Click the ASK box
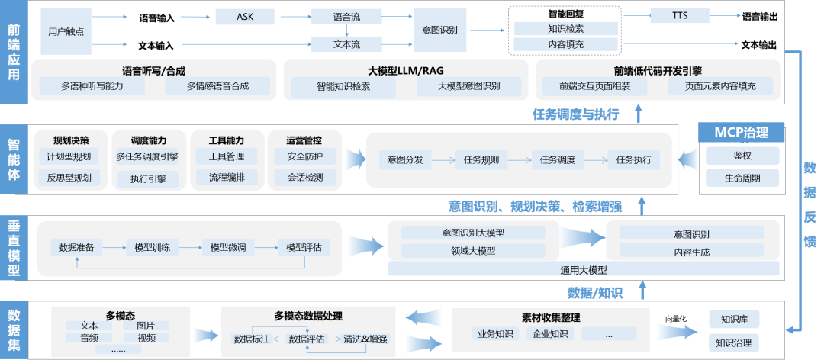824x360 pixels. coord(244,17)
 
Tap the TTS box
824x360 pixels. coord(680,15)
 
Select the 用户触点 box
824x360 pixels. coord(64,31)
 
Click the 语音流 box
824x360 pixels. coord(346,17)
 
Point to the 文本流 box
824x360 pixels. coord(346,44)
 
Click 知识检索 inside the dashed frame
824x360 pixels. coord(565,28)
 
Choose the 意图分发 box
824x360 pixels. coord(405,160)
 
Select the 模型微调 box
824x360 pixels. coord(228,247)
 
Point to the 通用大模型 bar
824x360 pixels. coord(584,270)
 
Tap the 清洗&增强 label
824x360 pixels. coord(365,339)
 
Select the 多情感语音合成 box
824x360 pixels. coord(217,86)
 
